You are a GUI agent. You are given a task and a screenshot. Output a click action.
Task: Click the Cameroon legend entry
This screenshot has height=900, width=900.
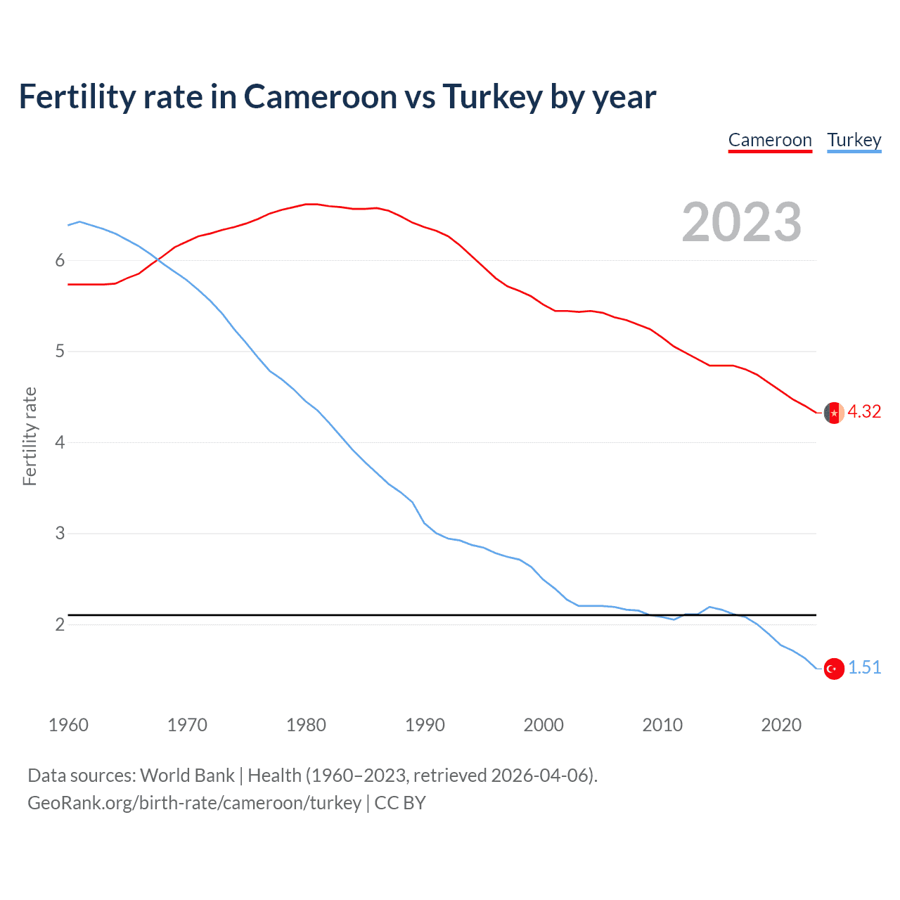click(x=770, y=141)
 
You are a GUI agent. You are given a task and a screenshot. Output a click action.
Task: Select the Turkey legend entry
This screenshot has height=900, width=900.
click(x=854, y=141)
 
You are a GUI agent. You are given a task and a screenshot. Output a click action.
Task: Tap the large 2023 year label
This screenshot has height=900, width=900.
click(x=741, y=222)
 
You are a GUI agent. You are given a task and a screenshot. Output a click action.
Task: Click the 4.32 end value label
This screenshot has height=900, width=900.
click(x=864, y=412)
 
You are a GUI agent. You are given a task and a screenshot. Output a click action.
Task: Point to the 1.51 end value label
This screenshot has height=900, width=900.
click(x=864, y=668)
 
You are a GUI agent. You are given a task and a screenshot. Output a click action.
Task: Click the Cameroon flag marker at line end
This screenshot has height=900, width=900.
click(x=834, y=413)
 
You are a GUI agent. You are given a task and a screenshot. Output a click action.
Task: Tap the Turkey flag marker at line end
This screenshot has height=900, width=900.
click(x=834, y=669)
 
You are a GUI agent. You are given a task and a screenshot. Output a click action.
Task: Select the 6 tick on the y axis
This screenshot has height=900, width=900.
click(x=60, y=261)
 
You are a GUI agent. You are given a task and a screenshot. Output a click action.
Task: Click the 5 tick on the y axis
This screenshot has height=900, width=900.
click(x=60, y=352)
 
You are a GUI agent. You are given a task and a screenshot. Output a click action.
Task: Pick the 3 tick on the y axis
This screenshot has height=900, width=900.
click(x=60, y=534)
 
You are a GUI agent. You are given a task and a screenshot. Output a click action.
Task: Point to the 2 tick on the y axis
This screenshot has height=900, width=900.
click(x=60, y=624)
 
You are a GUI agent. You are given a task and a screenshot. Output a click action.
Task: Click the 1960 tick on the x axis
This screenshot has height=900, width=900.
click(x=68, y=725)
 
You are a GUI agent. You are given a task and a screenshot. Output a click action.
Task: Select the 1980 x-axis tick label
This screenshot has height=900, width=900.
click(x=306, y=725)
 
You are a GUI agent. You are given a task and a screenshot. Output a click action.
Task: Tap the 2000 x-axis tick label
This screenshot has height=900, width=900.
click(x=544, y=725)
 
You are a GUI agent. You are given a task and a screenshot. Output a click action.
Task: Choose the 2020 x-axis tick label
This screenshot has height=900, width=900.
click(x=781, y=725)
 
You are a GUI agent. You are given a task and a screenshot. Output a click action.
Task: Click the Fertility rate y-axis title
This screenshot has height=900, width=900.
click(x=30, y=436)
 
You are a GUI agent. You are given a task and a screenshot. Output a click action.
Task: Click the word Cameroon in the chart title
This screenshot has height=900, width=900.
click(x=321, y=97)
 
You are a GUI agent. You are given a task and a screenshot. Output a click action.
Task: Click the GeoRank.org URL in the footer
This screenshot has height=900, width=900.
click(x=194, y=803)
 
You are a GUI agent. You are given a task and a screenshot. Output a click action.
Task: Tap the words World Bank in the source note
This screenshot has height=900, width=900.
click(x=187, y=776)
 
